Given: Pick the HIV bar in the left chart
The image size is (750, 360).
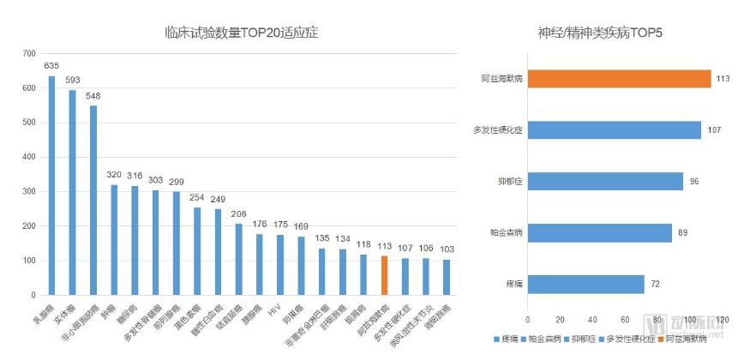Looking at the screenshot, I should point(280,265).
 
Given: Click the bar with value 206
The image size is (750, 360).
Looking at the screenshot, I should point(239,259).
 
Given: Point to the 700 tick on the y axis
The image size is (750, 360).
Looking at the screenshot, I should point(29,54).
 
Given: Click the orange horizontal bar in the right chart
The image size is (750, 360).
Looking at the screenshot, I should point(619,79).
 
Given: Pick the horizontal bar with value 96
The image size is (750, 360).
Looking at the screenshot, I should point(605,182).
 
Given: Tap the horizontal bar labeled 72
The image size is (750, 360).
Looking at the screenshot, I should point(585,284).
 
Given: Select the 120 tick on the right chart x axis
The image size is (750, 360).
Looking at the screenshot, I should point(721,320).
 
